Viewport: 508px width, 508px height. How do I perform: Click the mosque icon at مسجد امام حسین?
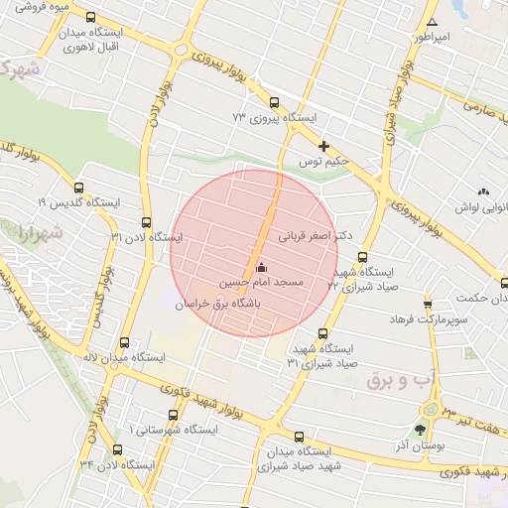pos(261,267)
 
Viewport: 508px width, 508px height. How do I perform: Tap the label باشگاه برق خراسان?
pos(224,307)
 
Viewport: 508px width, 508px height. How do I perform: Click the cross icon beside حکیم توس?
pos(323,146)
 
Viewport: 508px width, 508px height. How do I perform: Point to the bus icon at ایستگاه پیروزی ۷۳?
pos(274,102)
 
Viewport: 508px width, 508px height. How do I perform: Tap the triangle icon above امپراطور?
pos(431,22)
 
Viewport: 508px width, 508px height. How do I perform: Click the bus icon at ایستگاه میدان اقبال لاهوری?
pos(91,18)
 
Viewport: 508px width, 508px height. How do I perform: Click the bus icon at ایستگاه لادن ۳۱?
pos(147,222)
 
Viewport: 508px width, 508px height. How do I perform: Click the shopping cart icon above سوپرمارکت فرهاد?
pos(428,304)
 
